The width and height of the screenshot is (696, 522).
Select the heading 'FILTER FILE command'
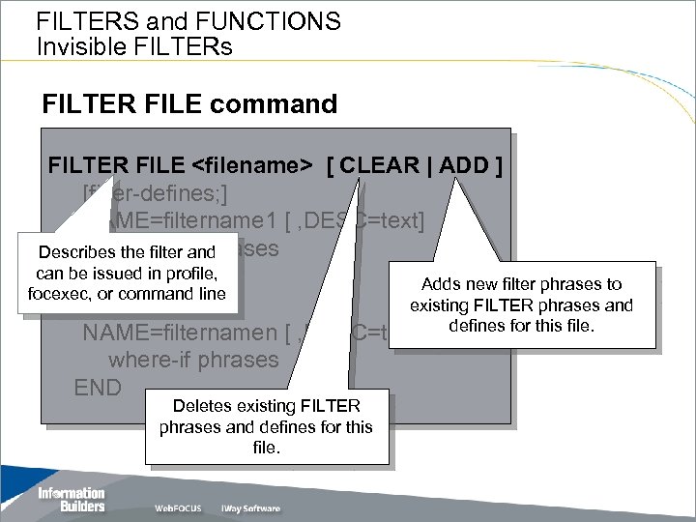click(190, 103)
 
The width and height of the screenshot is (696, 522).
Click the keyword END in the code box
click(98, 388)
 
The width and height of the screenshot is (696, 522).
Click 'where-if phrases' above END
click(193, 361)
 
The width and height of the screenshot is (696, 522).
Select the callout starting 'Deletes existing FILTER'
click(266, 426)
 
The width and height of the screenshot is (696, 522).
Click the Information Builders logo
click(71, 500)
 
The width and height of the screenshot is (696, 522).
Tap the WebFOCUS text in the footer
click(178, 508)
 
